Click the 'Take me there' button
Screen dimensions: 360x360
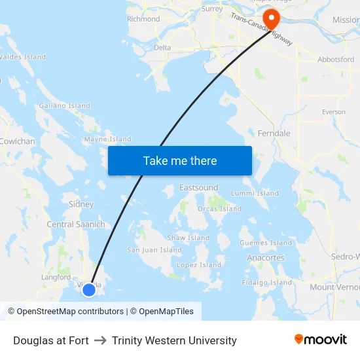(180, 160)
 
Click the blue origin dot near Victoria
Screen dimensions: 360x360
(89, 289)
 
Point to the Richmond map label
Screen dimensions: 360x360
(143, 19)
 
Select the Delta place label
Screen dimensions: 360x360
(162, 48)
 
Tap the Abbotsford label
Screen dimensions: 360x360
(336, 59)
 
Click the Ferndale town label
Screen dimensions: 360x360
(274, 134)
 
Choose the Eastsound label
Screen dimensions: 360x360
(199, 188)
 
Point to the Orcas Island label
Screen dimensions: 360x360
(219, 209)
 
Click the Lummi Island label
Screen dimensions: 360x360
(255, 194)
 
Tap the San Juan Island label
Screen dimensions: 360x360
(154, 250)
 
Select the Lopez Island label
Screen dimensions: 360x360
(199, 265)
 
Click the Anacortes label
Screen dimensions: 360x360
(266, 258)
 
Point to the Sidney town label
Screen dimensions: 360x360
(81, 204)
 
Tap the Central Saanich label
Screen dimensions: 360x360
(76, 225)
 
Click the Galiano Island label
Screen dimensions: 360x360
(65, 105)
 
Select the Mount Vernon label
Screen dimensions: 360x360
(334, 287)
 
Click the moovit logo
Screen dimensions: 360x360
(321, 340)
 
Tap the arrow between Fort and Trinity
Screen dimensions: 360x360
(100, 340)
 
